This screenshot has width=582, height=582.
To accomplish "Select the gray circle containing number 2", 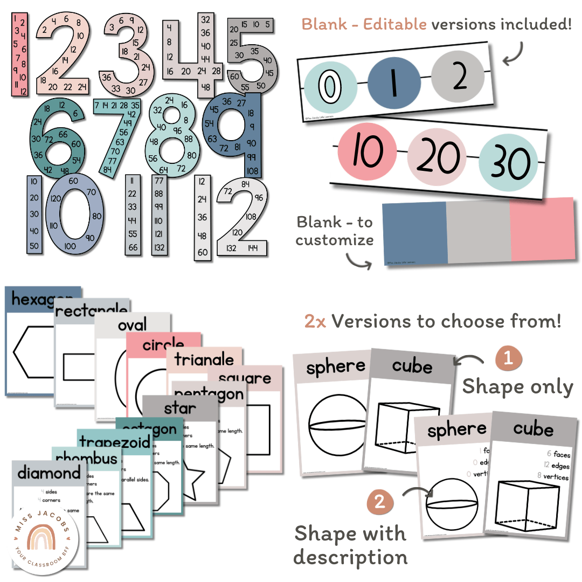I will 458,79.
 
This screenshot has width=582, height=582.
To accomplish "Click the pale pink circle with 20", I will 435,156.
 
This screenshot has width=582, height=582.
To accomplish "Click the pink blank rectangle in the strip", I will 542,229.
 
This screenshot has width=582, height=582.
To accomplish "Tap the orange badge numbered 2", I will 380,503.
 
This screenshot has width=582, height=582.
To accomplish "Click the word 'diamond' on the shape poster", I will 48,474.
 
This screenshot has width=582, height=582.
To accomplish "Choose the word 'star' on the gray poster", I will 180,407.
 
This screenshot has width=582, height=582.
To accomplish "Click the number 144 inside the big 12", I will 253,248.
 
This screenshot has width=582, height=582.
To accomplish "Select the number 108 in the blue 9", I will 253,171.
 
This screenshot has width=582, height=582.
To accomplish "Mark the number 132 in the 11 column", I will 158,248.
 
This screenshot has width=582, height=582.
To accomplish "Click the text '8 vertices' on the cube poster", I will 552,477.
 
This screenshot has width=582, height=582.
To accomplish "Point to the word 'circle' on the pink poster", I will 163,344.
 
